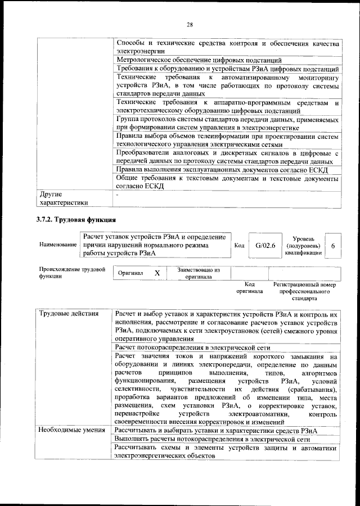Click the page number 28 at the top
pyautogui.click(x=190, y=24)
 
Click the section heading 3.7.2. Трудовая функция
pyautogui.click(x=76, y=219)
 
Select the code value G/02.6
pyautogui.click(x=264, y=246)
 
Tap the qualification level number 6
pyautogui.click(x=333, y=246)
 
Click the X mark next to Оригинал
pyautogui.click(x=157, y=273)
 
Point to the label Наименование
pyautogui.click(x=58, y=246)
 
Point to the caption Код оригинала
pyautogui.click(x=250, y=288)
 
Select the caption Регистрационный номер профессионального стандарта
pyautogui.click(x=304, y=292)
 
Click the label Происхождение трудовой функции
pyautogui.click(x=73, y=273)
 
